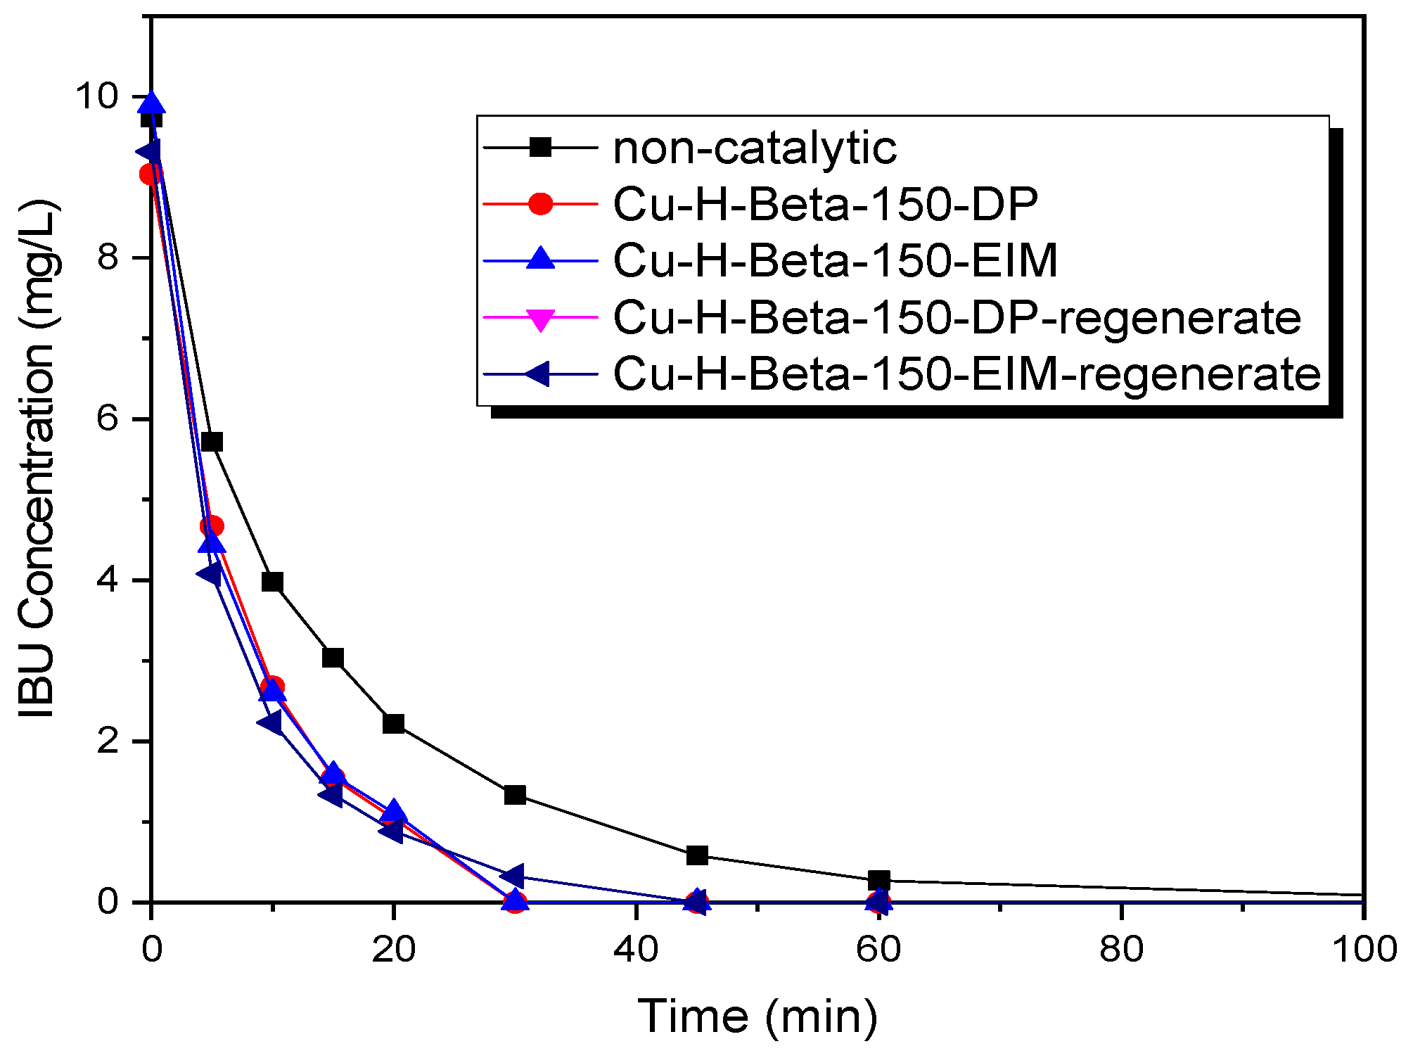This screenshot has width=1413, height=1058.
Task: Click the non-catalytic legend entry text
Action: (755, 148)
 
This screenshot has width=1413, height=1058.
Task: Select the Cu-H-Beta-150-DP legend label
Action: (825, 205)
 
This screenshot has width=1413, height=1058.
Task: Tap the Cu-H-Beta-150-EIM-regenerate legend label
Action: (966, 374)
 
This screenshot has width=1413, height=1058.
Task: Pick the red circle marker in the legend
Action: (540, 204)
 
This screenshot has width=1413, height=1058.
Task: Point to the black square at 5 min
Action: (212, 442)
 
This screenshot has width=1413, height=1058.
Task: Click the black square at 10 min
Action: (272, 582)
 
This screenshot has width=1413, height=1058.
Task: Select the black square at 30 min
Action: (515, 795)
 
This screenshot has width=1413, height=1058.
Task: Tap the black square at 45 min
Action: (697, 855)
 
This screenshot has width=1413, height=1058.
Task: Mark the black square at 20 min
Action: (394, 723)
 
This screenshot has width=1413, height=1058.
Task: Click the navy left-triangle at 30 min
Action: (513, 877)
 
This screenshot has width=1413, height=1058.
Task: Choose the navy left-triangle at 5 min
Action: (209, 573)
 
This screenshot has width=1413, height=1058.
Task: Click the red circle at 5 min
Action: (212, 526)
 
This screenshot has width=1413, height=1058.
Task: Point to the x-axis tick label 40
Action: (636, 950)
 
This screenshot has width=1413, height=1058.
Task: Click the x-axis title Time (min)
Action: (757, 1016)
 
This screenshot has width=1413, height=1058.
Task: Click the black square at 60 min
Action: (879, 880)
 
